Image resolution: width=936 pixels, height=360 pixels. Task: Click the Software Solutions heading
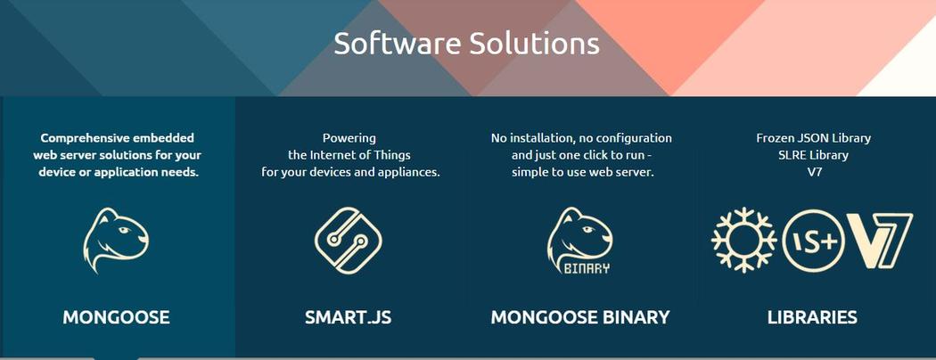(466, 44)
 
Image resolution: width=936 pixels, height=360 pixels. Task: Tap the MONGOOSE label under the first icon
(116, 317)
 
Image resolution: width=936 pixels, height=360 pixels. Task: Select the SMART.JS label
(348, 317)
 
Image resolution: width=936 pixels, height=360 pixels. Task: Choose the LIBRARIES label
(812, 317)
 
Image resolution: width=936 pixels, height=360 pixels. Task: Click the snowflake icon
(743, 240)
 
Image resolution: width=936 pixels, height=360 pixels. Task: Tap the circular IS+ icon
(813, 241)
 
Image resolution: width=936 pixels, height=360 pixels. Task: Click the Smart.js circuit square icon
(348, 241)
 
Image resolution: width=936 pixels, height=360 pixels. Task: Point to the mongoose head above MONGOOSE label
(115, 241)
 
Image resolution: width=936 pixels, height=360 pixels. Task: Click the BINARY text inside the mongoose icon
(587, 268)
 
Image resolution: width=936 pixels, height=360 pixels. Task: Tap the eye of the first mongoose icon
(124, 230)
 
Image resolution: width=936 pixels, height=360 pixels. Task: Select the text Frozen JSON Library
(813, 138)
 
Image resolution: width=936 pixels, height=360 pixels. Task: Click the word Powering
(349, 138)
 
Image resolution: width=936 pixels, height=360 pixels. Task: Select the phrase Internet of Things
(360, 155)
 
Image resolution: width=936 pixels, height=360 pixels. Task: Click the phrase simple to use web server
(583, 173)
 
